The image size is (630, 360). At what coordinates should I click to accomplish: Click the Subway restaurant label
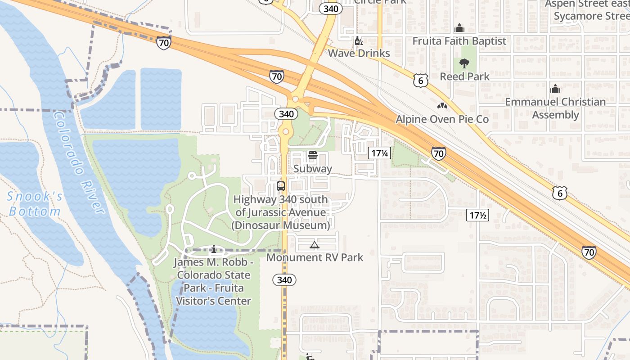pos(312,169)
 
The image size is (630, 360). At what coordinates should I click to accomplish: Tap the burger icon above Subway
pos(312,156)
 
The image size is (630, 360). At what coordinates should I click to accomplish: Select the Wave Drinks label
pos(359,53)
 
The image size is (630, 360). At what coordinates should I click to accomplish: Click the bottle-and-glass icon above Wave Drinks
pos(359,41)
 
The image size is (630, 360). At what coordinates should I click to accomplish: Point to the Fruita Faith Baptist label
pos(459,41)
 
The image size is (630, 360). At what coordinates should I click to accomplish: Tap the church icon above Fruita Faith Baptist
pos(459,28)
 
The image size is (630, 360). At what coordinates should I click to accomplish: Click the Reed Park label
pos(464,76)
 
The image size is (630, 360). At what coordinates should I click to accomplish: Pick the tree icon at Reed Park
pos(464,63)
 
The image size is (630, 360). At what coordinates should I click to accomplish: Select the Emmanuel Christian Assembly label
pos(555,108)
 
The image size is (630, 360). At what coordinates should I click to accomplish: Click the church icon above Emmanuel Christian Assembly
pos(555,88)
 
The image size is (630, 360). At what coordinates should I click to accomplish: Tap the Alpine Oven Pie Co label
pos(442,119)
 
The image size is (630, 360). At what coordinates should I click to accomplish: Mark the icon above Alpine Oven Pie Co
pos(442,106)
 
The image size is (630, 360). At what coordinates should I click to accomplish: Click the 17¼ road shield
pos(379,153)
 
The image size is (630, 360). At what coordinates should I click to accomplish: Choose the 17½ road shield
pos(477,215)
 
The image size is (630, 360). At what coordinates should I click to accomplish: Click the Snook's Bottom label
pos(35,203)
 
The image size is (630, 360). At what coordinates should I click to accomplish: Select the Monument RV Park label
pos(315,257)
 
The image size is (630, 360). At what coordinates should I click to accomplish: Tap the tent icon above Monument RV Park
pos(315,245)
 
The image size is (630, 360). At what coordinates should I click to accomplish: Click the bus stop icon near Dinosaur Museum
pos(281,186)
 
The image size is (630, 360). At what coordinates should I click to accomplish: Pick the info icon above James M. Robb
pos(214,249)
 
